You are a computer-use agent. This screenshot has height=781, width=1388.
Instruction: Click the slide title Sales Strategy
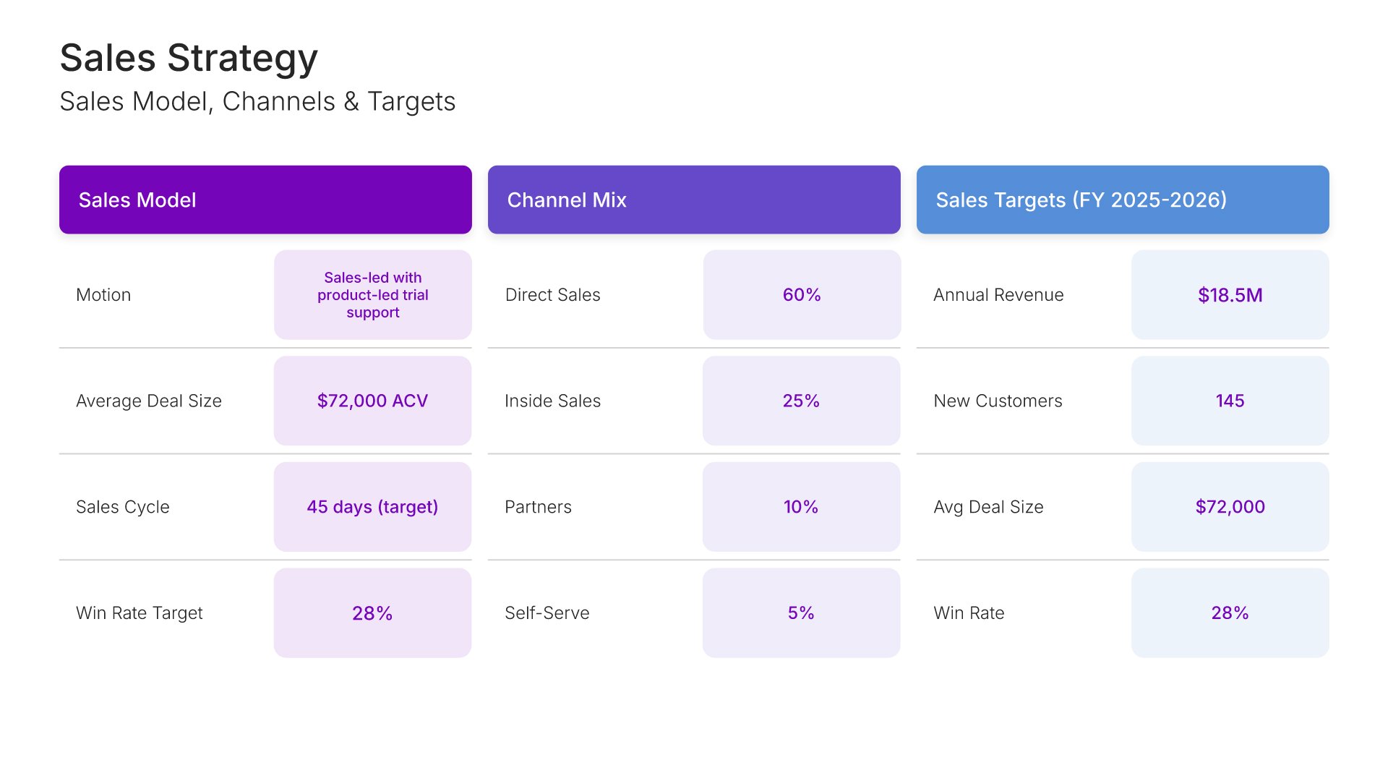coord(189,58)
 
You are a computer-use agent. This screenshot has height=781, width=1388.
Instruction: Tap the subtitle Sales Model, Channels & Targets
coord(257,101)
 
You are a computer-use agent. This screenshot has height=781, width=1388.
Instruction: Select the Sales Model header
coord(137,200)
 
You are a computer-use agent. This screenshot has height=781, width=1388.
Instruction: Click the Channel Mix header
coord(567,200)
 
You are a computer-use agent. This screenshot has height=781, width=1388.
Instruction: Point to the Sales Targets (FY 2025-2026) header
coord(1081,200)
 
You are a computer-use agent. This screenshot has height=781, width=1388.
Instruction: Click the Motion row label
coord(103,295)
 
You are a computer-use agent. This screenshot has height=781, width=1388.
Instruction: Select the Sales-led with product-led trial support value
coord(372,295)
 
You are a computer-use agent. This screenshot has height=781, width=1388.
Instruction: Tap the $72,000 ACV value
coord(372,401)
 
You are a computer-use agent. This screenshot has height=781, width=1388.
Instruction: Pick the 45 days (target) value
coord(372,507)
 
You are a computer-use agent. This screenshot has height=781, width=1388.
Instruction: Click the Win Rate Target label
coord(140,613)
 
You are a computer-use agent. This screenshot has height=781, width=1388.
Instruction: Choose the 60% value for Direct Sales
coord(801,295)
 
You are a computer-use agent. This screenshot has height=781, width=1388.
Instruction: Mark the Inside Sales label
coord(552,401)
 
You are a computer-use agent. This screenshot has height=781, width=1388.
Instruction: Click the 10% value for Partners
coord(801,507)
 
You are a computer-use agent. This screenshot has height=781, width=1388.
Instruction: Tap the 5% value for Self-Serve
coord(801,613)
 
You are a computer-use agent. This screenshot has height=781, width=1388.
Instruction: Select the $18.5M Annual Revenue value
coord(1230,295)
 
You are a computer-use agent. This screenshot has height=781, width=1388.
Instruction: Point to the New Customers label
coord(998,401)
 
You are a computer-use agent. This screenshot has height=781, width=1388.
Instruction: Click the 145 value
coord(1230,401)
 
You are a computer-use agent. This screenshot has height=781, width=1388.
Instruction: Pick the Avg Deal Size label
coord(988,507)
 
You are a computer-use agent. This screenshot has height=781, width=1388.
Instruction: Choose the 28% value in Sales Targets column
coord(1230,613)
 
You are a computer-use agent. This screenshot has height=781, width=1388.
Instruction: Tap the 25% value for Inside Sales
coord(801,401)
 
